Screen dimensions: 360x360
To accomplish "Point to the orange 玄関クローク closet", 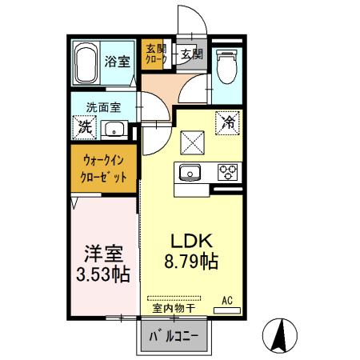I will (x=154, y=54).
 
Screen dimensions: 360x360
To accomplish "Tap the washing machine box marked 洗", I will (x=82, y=126).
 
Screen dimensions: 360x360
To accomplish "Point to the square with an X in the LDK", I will (x=193, y=145).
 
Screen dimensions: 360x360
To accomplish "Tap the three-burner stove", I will (x=228, y=171).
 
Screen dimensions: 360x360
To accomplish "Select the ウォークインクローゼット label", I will (x=102, y=168).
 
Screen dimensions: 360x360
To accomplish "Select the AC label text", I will (x=226, y=300).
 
